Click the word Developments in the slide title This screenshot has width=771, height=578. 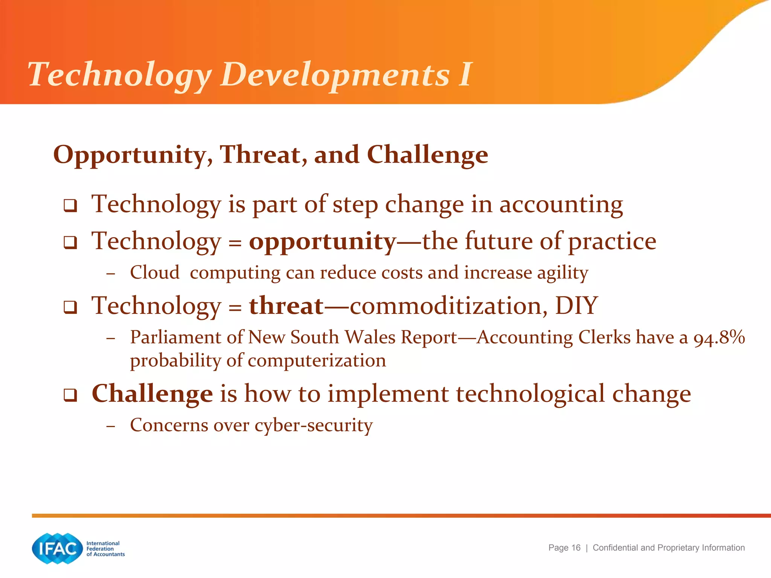(335, 75)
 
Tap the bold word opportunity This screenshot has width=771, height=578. (322, 241)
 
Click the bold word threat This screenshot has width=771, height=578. (286, 306)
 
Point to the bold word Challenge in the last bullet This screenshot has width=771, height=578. (152, 394)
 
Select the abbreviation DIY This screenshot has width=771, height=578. (576, 306)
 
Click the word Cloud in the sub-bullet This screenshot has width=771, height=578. (155, 272)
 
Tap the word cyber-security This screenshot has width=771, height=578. (314, 425)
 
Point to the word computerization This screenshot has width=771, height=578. (317, 360)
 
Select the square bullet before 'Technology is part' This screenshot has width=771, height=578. (70, 206)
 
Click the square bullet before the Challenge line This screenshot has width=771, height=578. (70, 395)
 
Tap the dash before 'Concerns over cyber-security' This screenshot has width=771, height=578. (110, 426)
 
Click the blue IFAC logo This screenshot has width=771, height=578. (57, 548)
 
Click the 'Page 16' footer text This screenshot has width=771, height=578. (564, 548)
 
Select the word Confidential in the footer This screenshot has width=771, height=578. (615, 548)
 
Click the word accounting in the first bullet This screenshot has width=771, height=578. (561, 205)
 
